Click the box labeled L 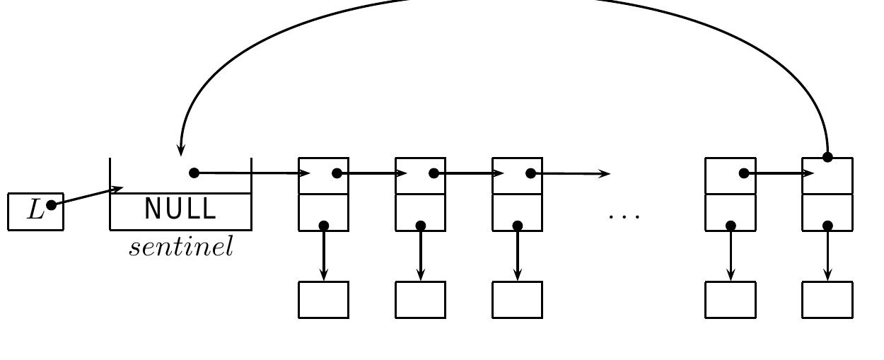pyautogui.click(x=35, y=211)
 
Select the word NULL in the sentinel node pyautogui.click(x=180, y=209)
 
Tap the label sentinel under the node pyautogui.click(x=181, y=247)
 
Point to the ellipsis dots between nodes pyautogui.click(x=624, y=215)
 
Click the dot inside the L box pyautogui.click(x=51, y=205)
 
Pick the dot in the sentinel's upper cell pyautogui.click(x=194, y=173)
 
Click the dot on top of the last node pyautogui.click(x=827, y=157)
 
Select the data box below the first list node pyautogui.click(x=324, y=300)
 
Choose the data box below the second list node pyautogui.click(x=421, y=300)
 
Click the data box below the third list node pyautogui.click(x=518, y=300)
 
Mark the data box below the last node pyautogui.click(x=827, y=300)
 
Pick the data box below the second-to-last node pyautogui.click(x=731, y=300)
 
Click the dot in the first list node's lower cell pyautogui.click(x=324, y=226)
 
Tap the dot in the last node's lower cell pyautogui.click(x=827, y=226)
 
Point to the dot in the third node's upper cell pyautogui.click(x=530, y=173)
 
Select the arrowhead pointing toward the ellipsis pyautogui.click(x=604, y=173)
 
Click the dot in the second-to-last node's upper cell pyautogui.click(x=744, y=173)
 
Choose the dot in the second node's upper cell pyautogui.click(x=434, y=173)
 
